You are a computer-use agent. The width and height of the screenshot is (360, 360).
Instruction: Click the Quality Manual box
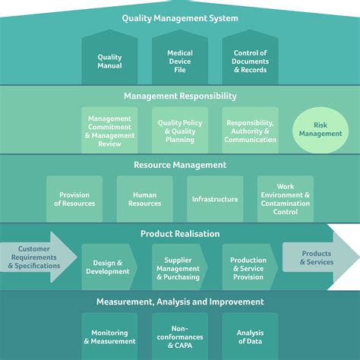click(x=109, y=62)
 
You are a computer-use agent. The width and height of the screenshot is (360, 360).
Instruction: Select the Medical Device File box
click(x=180, y=62)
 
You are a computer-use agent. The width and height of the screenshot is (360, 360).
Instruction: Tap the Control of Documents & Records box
click(x=251, y=62)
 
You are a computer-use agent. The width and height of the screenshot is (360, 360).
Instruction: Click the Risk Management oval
click(x=321, y=129)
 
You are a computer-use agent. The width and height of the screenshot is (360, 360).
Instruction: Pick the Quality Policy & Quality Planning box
click(x=180, y=130)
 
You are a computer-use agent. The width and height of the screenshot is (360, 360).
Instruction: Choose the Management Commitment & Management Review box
click(x=109, y=130)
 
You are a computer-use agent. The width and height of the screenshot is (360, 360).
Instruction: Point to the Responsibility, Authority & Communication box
click(x=251, y=130)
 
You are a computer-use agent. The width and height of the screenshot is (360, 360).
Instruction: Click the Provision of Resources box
click(x=74, y=199)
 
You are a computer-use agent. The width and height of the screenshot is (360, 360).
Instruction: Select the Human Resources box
click(x=145, y=199)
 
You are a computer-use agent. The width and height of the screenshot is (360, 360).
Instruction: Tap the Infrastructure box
click(x=215, y=199)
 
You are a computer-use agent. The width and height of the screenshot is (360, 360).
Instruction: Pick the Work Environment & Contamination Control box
click(x=286, y=199)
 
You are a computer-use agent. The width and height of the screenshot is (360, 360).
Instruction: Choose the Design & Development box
click(x=108, y=267)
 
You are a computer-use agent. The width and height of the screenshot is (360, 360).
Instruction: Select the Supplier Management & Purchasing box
click(x=178, y=267)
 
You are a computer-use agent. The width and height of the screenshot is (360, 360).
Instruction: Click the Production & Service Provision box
click(x=249, y=267)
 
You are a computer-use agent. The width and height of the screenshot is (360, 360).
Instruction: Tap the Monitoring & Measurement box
click(x=109, y=336)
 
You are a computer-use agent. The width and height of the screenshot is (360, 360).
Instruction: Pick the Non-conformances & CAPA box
click(x=180, y=336)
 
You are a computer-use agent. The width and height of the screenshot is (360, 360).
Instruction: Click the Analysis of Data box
click(x=251, y=336)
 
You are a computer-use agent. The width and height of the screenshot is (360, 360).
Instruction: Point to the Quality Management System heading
click(x=180, y=18)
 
